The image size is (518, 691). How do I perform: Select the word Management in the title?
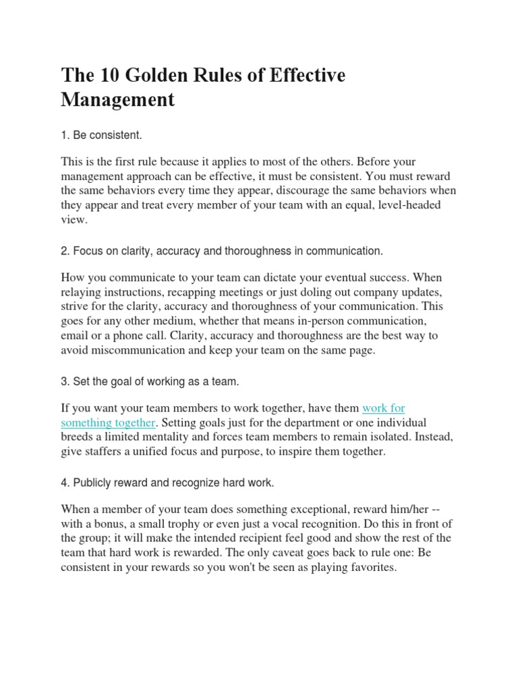[x=117, y=100]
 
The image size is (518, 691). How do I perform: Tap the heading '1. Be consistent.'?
[x=101, y=136]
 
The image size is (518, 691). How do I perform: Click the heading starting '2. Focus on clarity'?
[x=221, y=251]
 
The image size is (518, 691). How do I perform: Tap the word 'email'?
[x=76, y=336]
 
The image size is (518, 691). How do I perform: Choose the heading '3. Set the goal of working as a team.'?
[x=150, y=382]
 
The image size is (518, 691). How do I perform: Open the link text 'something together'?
[x=108, y=423]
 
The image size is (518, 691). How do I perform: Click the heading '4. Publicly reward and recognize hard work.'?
[x=167, y=483]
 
